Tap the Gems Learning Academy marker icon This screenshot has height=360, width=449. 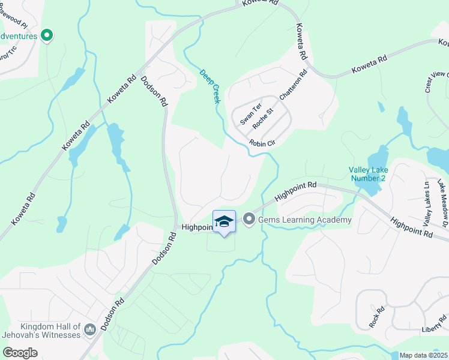click(x=249, y=220)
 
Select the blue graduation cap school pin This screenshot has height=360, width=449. click(x=224, y=222)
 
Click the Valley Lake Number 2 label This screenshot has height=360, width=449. click(x=367, y=174)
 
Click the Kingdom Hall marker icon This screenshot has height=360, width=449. click(x=90, y=329)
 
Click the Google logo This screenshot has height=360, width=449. click(x=20, y=352)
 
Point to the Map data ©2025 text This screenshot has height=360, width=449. click(x=423, y=355)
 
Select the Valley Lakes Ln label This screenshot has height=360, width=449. click(x=427, y=203)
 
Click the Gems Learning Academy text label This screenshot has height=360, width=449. click(x=305, y=220)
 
